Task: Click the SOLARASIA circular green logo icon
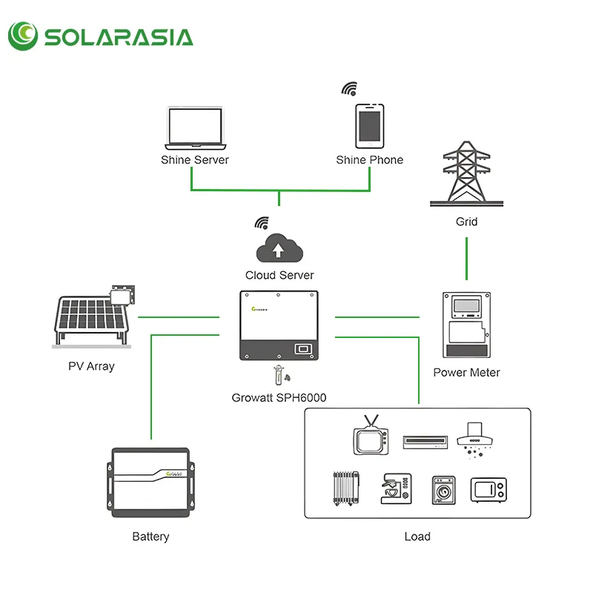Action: click(x=23, y=36)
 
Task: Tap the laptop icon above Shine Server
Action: click(x=195, y=128)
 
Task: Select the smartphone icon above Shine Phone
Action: click(x=369, y=126)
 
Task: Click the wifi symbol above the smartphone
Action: click(x=349, y=88)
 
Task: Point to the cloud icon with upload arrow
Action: click(x=279, y=248)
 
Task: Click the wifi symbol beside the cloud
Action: click(x=262, y=223)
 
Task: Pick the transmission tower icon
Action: click(x=466, y=174)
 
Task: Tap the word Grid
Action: click(x=466, y=222)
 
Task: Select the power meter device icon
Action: click(x=466, y=325)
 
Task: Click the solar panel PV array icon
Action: click(x=93, y=317)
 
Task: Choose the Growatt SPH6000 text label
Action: click(x=279, y=397)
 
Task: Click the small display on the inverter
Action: click(x=303, y=348)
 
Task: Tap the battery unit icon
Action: click(x=150, y=483)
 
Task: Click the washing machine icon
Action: click(x=443, y=490)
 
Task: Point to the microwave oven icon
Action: click(x=488, y=490)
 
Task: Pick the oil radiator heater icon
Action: click(x=346, y=488)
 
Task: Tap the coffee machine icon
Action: click(x=396, y=488)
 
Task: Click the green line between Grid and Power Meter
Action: click(x=466, y=259)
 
